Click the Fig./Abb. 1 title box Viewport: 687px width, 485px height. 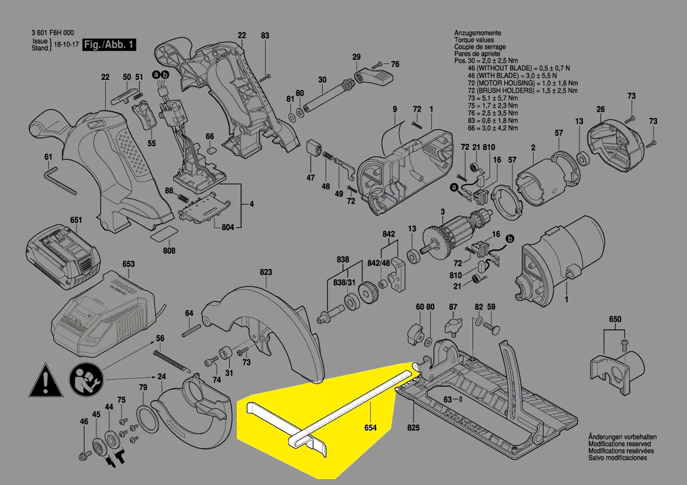point(110,45)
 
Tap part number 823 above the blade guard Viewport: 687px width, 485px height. point(266,272)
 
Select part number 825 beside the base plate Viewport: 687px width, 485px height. point(414,427)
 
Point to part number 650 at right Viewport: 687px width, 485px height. point(615,319)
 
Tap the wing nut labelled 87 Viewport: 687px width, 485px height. point(453,324)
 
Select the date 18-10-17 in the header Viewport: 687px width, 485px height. point(66,45)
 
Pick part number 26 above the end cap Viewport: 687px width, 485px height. point(600,109)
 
